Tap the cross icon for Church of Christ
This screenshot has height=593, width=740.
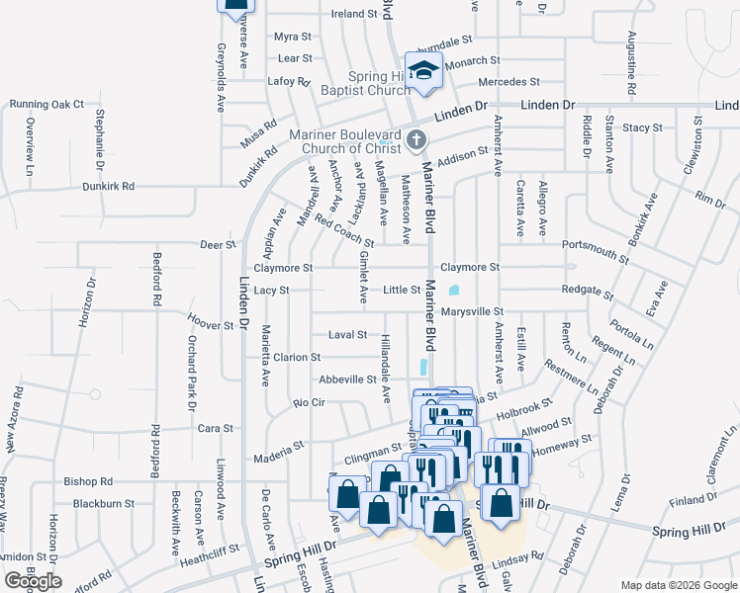click(x=416, y=142)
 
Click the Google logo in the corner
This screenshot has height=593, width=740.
click(x=33, y=581)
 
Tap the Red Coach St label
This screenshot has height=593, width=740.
click(x=343, y=231)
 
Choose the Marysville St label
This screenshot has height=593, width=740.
click(x=473, y=312)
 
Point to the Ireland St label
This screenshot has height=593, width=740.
click(x=354, y=14)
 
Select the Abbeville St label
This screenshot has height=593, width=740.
click(x=347, y=379)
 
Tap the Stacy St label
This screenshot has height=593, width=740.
click(x=642, y=127)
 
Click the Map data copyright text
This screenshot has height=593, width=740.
click(x=678, y=585)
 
